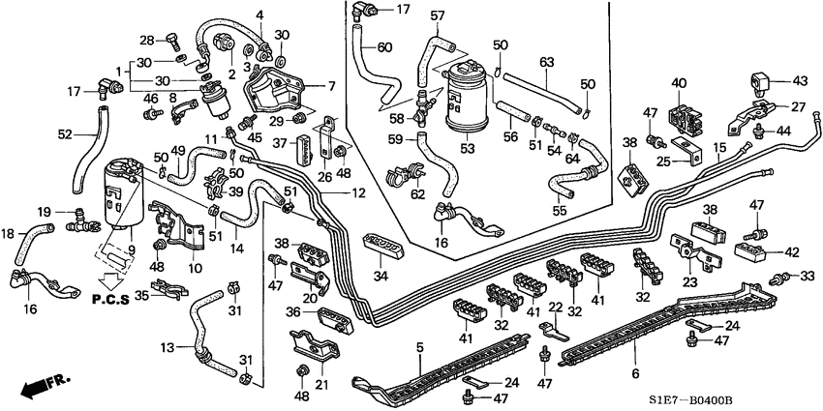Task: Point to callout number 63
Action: tap(546, 64)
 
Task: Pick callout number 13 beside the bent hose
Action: tap(166, 347)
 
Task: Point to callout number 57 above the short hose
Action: tap(438, 15)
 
